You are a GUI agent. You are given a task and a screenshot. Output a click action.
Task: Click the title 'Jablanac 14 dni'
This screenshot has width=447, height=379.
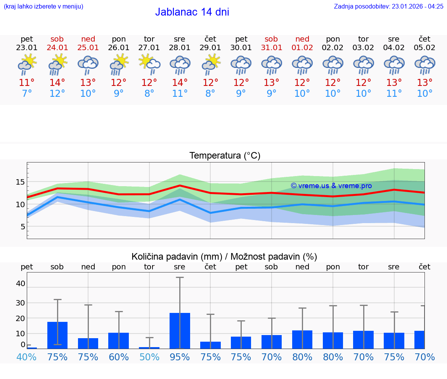(x=192, y=12)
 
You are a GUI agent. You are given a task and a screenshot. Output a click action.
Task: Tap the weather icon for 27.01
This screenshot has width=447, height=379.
(x=149, y=65)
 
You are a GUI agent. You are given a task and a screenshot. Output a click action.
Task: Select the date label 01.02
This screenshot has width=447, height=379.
(x=302, y=48)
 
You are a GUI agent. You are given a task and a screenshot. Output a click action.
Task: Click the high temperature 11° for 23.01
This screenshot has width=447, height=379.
(x=27, y=83)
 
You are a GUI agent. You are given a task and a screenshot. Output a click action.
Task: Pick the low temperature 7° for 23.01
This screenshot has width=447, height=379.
(x=27, y=94)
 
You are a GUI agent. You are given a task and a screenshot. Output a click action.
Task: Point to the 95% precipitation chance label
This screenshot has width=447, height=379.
(x=180, y=357)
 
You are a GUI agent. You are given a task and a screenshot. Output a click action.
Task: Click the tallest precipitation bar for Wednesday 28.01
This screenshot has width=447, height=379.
(x=180, y=331)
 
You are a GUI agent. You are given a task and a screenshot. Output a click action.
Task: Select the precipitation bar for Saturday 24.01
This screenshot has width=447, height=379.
(x=57, y=335)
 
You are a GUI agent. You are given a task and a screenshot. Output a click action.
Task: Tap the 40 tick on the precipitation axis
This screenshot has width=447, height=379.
(x=21, y=283)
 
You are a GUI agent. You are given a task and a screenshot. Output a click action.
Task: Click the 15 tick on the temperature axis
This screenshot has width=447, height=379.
(x=21, y=182)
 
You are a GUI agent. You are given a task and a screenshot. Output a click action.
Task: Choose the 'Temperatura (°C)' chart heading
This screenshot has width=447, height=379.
(x=225, y=156)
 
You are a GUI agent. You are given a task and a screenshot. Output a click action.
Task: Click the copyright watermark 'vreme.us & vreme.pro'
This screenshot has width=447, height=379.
(x=331, y=186)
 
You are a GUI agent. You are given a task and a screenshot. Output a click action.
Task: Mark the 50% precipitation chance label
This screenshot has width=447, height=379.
(x=149, y=357)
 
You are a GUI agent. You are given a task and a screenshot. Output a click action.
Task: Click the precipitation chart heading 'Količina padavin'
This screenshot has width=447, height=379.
(x=224, y=257)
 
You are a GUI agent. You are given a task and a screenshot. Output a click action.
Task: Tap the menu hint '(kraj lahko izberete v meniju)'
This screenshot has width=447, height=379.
(x=43, y=6)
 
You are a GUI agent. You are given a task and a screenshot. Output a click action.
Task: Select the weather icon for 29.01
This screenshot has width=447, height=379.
(x=210, y=65)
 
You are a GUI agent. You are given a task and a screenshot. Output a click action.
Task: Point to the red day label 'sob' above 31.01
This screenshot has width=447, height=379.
(x=271, y=39)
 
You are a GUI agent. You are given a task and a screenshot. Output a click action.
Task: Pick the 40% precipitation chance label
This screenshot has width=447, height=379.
(x=27, y=357)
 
